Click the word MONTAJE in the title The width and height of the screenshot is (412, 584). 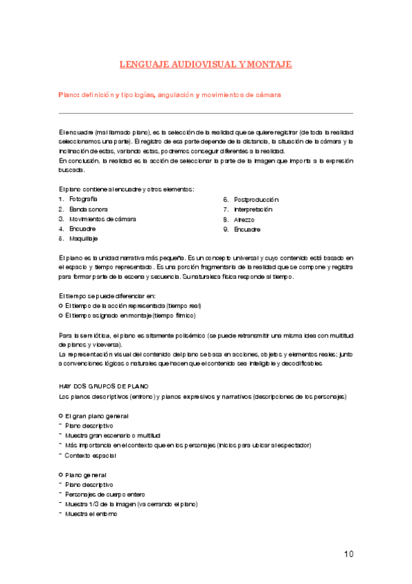coord(269,64)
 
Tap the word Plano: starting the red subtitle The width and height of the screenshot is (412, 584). coord(69,95)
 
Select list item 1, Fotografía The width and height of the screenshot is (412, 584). coord(83,199)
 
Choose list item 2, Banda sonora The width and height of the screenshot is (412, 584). coord(88,209)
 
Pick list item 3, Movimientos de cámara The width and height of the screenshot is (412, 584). coord(102,219)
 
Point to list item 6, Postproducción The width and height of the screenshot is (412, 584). coord(256,199)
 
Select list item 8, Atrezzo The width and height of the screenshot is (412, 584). coord(245,219)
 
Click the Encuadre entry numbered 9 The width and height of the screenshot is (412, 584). coord(248,229)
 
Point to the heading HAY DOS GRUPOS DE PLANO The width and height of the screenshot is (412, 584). coord(104,386)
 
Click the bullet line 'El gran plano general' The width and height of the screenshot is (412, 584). coord(96,417)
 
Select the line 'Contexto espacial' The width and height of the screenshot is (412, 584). coord(92,455)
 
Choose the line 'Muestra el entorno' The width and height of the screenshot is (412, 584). coord(92,514)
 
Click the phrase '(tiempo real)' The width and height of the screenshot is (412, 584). coord(182,306)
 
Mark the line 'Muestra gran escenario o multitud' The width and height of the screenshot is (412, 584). coord(112,436)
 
